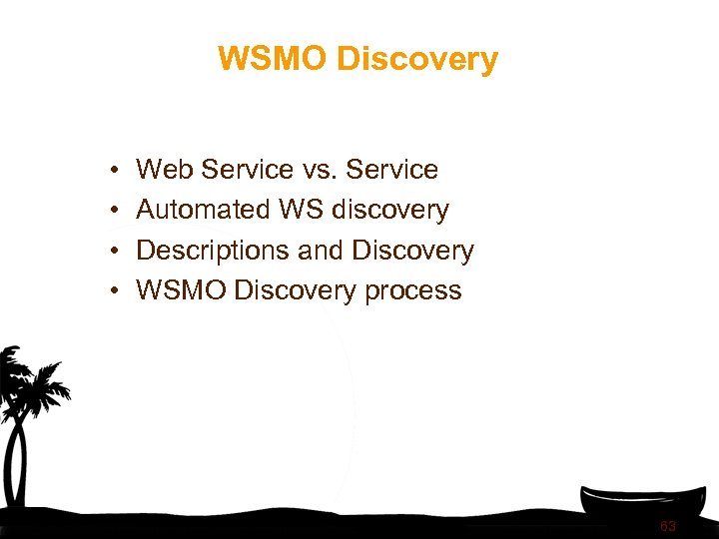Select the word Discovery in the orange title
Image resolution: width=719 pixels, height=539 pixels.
416,59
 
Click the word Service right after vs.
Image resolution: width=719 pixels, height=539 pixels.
391,170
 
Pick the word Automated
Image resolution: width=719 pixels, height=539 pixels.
203,210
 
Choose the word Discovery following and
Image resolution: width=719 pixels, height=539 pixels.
413,251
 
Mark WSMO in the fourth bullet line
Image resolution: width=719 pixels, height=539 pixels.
181,290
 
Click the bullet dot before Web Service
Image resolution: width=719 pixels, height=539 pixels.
116,171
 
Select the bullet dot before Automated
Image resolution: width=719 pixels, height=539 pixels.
116,211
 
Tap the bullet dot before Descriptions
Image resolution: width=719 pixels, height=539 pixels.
116,252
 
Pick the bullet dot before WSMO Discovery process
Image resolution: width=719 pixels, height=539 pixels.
116,291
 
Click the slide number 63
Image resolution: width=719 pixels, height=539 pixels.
667,526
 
